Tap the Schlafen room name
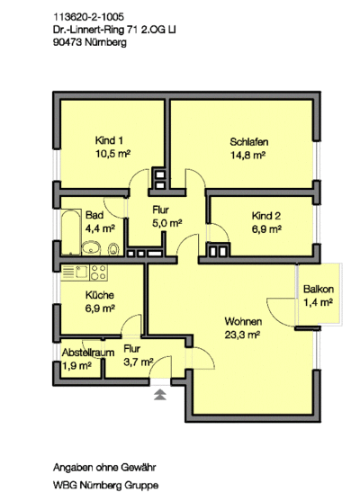pos(249,142)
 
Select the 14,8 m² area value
pos(249,155)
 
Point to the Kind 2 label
pos(266,217)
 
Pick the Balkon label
pos(319,290)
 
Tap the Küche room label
pos(100,295)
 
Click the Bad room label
pos(94,216)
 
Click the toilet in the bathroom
pos(112,249)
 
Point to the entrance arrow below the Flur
pos(160,394)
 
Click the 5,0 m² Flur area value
pos(167,223)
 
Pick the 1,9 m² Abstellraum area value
pos(77,366)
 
